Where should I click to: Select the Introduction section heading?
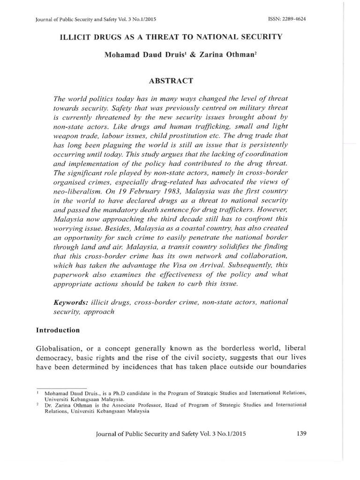(58, 330)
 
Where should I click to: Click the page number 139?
(302, 434)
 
